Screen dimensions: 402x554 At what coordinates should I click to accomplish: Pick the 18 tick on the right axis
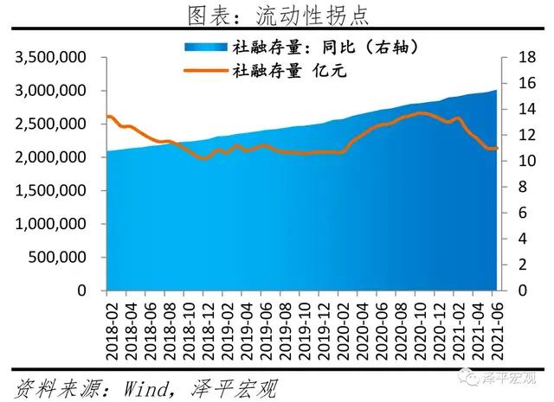[518, 58]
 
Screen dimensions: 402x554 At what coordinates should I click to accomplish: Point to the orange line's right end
[497, 149]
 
